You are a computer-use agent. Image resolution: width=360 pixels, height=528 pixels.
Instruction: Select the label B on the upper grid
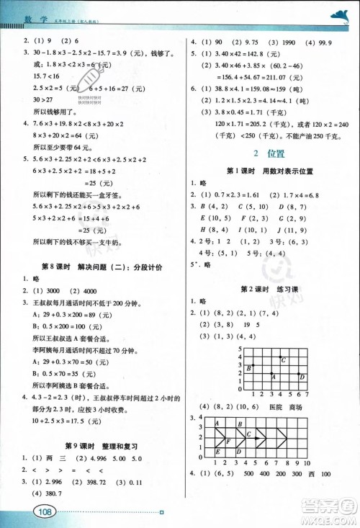[248, 368]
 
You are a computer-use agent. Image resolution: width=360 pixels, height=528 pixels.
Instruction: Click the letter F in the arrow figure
[228, 441]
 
